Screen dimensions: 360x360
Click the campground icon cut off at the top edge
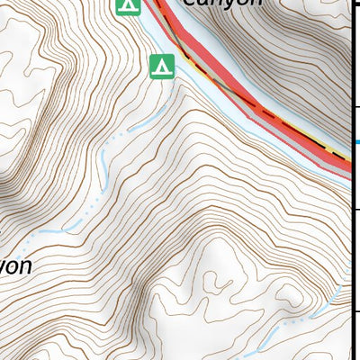[x=129, y=6]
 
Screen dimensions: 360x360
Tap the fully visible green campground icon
[x=161, y=66]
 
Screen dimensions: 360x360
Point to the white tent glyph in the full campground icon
[x=161, y=66]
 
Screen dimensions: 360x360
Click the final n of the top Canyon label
[x=255, y=3]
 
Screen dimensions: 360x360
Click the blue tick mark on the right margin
[x=356, y=141]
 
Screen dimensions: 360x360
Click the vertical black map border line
[x=351, y=252]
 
